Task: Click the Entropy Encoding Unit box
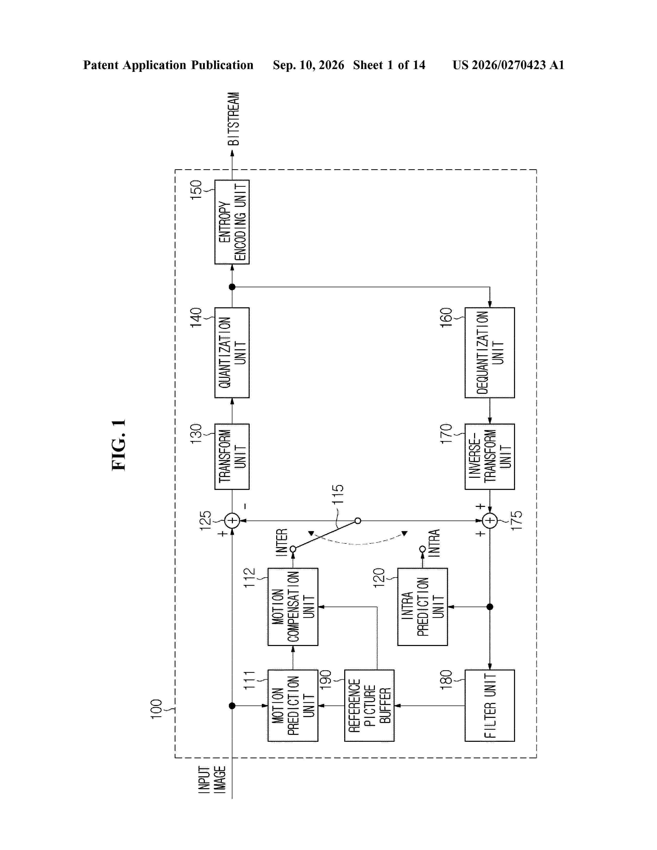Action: (x=232, y=222)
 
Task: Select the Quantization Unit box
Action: (x=232, y=353)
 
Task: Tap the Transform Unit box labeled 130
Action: (x=232, y=456)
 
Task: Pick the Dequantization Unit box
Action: (x=490, y=353)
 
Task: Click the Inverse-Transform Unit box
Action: (x=490, y=456)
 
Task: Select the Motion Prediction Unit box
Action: (x=293, y=705)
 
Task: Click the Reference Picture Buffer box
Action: (x=369, y=705)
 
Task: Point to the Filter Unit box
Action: (x=490, y=705)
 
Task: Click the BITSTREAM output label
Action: (x=233, y=119)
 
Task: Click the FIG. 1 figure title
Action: (x=119, y=445)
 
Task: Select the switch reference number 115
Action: (x=338, y=494)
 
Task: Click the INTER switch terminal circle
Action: (x=293, y=549)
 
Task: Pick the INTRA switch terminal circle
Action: (x=422, y=549)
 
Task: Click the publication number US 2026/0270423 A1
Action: (x=508, y=65)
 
